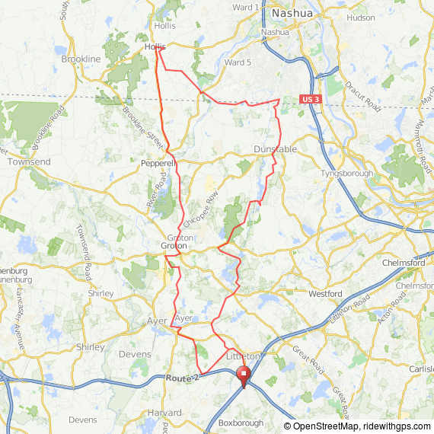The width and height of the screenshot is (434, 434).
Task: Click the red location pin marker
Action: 244,376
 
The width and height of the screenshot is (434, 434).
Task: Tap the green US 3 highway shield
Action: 308,100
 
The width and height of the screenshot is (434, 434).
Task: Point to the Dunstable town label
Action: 275,150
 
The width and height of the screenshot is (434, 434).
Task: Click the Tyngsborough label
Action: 348,174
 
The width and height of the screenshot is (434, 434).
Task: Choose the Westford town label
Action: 325,293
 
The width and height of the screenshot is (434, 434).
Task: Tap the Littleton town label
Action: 244,356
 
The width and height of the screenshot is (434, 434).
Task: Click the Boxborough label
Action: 241,423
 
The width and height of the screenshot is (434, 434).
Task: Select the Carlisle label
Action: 420,369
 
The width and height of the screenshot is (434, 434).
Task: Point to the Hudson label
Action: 360,17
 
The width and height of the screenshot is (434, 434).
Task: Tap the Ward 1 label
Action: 245,7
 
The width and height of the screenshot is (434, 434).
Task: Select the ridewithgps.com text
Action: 396,426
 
